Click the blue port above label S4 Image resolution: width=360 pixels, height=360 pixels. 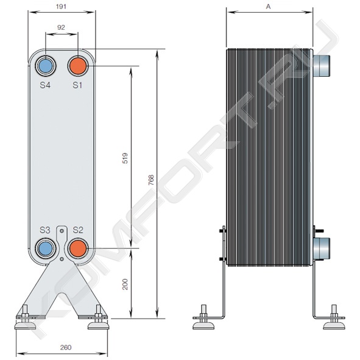(x=46, y=66)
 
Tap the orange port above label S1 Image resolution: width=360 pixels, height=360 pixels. (x=78, y=66)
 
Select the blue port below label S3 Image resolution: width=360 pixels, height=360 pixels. (x=46, y=249)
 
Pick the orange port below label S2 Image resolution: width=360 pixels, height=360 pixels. (x=78, y=249)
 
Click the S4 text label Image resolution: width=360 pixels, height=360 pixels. (x=45, y=85)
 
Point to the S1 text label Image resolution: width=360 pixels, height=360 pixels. (x=77, y=85)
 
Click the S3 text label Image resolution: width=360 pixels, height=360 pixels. (x=45, y=230)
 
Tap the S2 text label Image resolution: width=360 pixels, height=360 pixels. (x=78, y=230)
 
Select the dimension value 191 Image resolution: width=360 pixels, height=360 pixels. (x=61, y=7)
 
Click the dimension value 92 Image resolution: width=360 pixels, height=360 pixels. (x=61, y=27)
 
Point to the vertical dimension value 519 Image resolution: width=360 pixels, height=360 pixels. (x=125, y=158)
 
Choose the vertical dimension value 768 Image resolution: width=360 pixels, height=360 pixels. (x=151, y=180)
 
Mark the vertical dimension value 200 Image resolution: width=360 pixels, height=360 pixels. (x=125, y=284)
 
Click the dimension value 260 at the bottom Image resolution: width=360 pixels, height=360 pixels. (x=66, y=347)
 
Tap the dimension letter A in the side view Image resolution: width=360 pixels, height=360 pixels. (x=268, y=7)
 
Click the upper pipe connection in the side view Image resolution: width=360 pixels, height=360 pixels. (x=321, y=65)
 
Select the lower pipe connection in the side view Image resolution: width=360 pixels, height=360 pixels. (x=321, y=248)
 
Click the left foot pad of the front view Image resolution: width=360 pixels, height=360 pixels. (x=25, y=325)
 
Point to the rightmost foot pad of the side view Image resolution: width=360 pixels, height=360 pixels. (x=334, y=325)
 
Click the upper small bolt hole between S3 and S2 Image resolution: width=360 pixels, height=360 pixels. (x=62, y=231)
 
